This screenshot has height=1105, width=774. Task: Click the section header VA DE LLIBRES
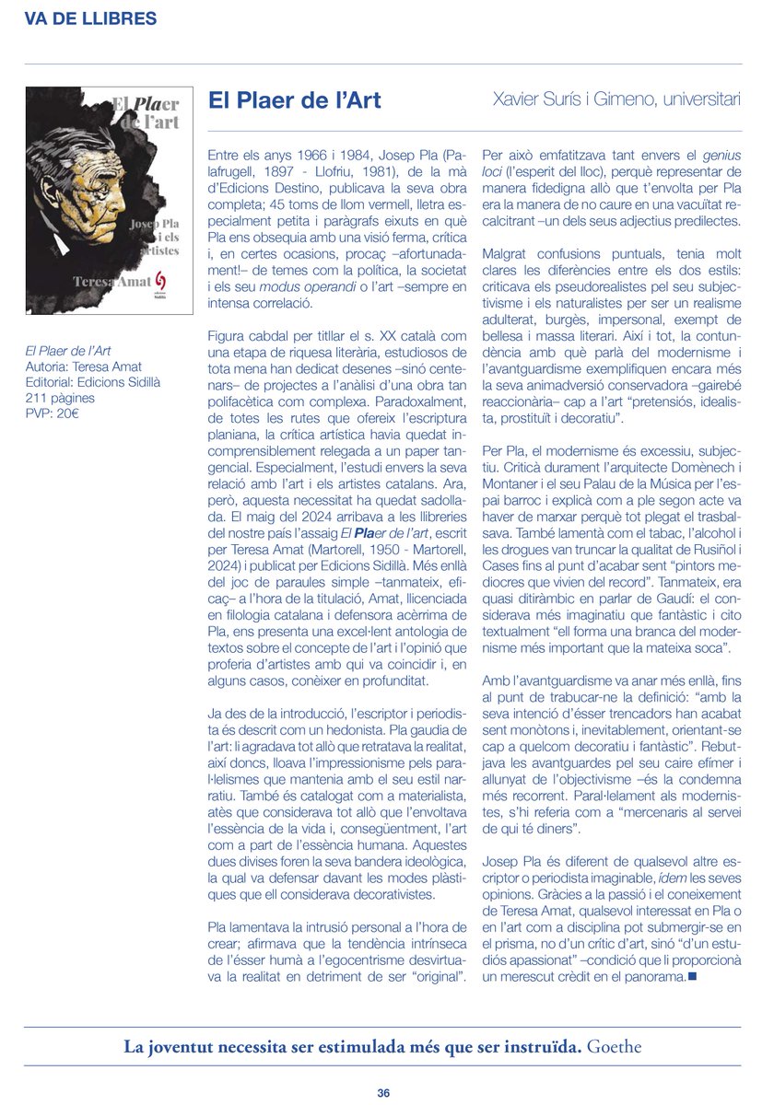(x=89, y=18)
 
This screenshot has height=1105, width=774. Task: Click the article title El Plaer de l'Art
(x=294, y=100)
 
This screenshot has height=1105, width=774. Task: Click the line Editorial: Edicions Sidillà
(x=93, y=383)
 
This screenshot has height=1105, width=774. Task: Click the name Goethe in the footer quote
(x=615, y=1046)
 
